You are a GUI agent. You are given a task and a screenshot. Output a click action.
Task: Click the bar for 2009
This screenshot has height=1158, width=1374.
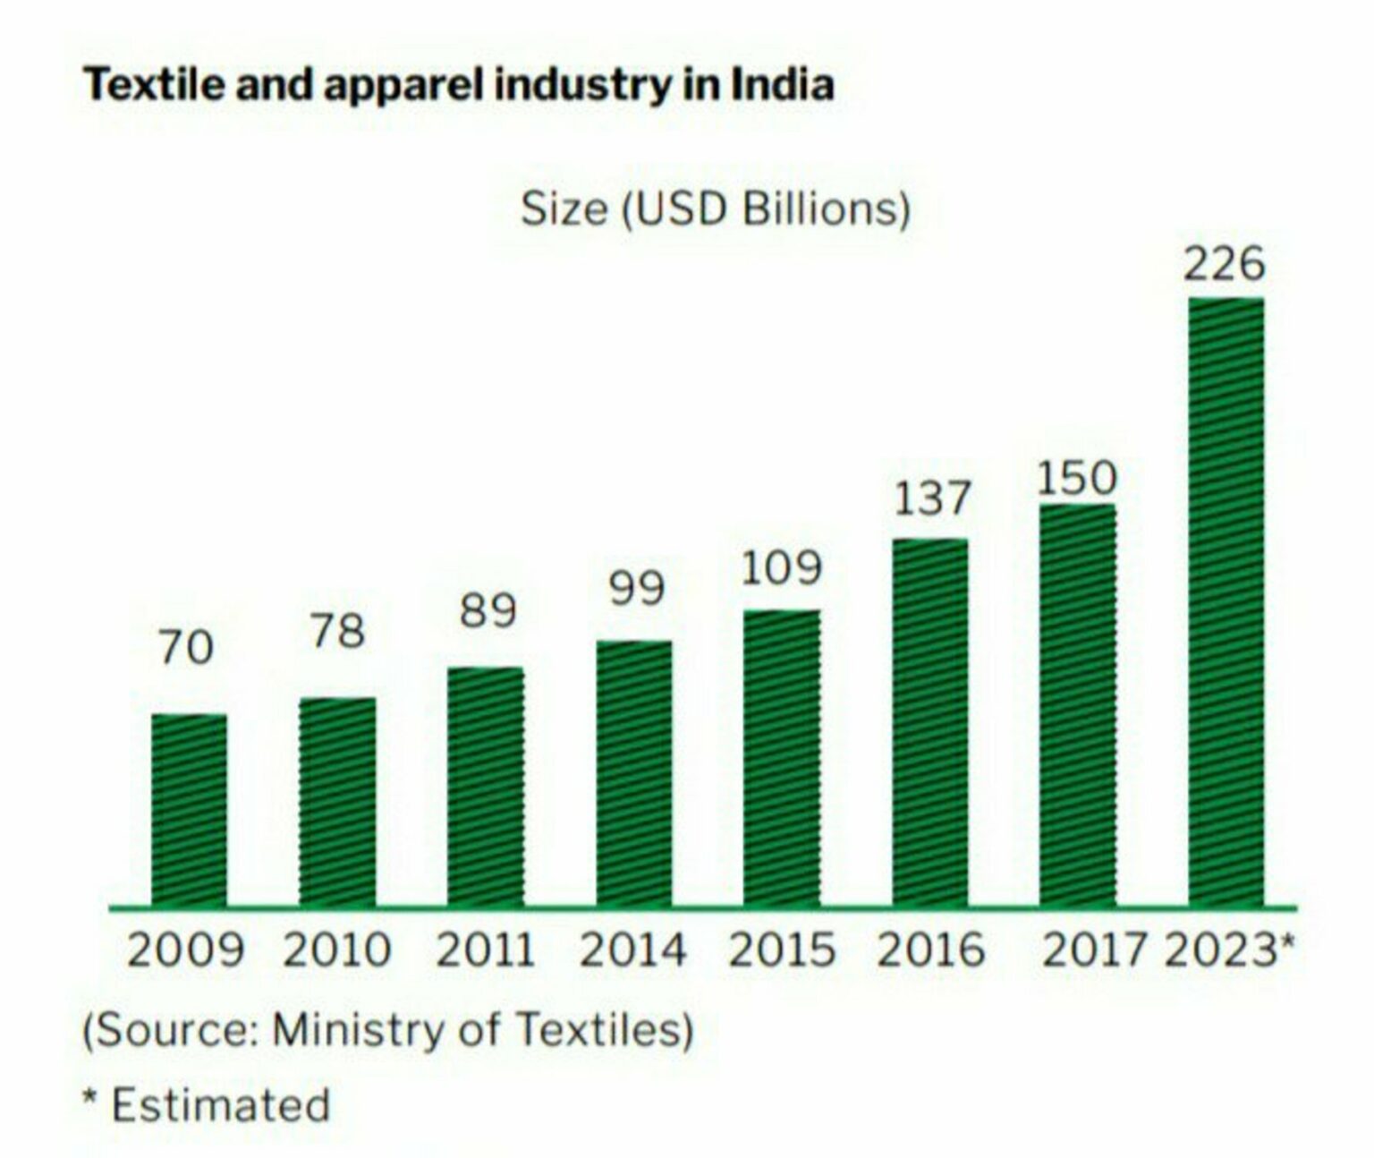pos(189,811)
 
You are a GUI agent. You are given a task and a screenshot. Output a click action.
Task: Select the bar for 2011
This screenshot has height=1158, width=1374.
pos(486,788)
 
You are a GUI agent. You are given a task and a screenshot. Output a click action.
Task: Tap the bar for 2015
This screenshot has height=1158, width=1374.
pos(782,759)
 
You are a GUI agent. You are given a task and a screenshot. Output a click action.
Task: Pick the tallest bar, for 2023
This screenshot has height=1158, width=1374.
pos(1226,602)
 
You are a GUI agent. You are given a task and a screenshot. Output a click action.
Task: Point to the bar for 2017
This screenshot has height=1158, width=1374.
pos(1077,706)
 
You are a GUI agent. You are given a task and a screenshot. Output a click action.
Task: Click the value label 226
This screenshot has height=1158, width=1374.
pos(1225,264)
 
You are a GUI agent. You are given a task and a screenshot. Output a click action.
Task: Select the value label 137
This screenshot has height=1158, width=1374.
pos(931,498)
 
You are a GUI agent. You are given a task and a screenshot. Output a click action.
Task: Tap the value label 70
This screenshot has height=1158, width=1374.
pos(187,647)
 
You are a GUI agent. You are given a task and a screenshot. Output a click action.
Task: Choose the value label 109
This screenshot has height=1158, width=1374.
pos(781,568)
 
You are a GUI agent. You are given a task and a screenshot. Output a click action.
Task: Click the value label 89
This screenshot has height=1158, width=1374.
pos(488,611)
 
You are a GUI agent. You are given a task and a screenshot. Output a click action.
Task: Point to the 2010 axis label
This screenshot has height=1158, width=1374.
pos(336,950)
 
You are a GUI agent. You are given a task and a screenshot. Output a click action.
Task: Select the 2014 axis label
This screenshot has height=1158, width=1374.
pos(632,950)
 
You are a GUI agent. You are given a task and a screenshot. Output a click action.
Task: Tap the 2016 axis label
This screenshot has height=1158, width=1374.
pos(930,950)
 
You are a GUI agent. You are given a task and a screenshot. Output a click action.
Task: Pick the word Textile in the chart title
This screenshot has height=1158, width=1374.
pos(144,85)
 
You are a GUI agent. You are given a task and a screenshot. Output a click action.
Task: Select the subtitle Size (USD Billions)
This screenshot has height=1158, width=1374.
pos(716,209)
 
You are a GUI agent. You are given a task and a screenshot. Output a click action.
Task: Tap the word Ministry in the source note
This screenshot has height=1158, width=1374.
pos(360,1029)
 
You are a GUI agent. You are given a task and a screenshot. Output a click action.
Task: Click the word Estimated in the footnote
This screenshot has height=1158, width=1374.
pos(220,1104)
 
